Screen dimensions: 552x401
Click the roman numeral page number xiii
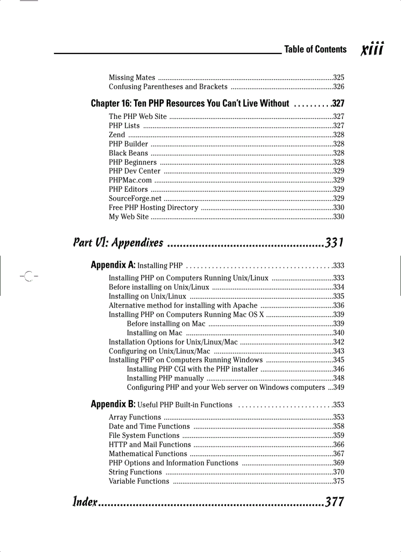pos(372,49)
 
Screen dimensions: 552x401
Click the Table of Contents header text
pos(315,49)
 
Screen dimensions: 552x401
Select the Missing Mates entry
pos(132,78)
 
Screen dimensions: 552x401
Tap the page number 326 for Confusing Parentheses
pos(339,87)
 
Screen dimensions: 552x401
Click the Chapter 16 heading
pos(190,103)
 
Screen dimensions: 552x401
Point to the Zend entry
pos(117,135)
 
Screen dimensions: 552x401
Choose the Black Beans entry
pos(128,153)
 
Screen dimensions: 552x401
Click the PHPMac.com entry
pos(130,180)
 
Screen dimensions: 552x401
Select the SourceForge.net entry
pos(135,199)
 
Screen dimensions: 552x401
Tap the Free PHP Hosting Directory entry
pos(153,207)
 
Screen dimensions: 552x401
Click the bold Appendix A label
pos(113,265)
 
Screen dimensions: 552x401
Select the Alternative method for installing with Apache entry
pos(183,305)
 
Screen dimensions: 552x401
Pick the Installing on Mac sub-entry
pos(154,333)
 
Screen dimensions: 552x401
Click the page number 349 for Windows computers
pos(339,387)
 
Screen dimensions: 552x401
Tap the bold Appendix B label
pos(113,404)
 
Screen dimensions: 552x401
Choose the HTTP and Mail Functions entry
pos(149,444)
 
